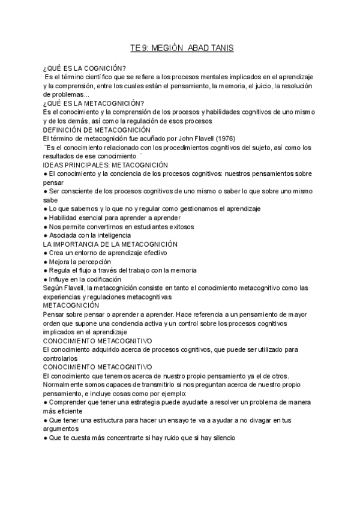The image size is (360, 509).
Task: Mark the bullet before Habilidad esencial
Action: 46,217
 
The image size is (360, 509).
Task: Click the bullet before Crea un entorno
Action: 46,253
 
